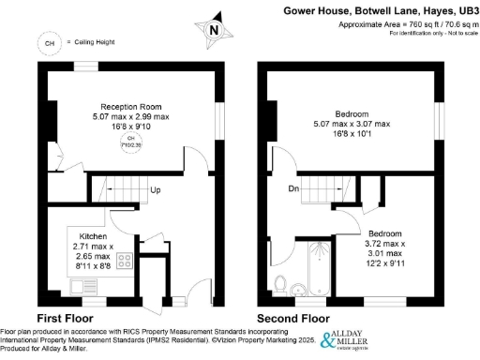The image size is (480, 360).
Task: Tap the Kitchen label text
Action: tap(93, 236)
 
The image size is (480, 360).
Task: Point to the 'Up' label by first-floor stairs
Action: tap(154, 191)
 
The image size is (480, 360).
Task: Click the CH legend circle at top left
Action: tap(47, 42)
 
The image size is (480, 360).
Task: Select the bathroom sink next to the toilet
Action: tap(299, 287)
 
